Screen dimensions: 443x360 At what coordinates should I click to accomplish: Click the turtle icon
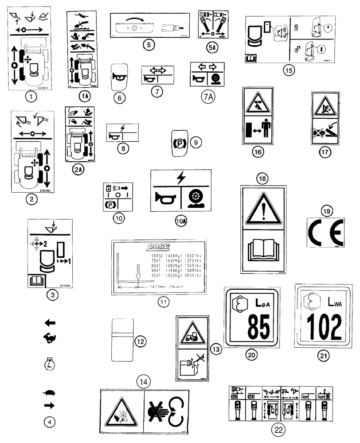coord(51,392)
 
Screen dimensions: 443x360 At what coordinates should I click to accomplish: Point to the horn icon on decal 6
coord(119,76)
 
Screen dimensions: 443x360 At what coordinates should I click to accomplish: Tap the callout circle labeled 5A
coord(210,45)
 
